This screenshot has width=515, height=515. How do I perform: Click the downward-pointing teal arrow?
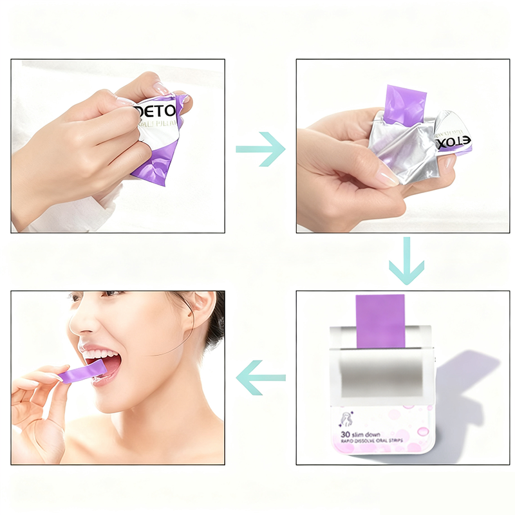[406, 260]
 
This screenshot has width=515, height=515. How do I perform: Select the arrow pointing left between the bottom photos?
[261, 377]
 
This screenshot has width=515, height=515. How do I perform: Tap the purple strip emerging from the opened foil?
[405, 104]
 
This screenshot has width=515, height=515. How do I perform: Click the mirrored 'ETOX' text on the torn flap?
[454, 141]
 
